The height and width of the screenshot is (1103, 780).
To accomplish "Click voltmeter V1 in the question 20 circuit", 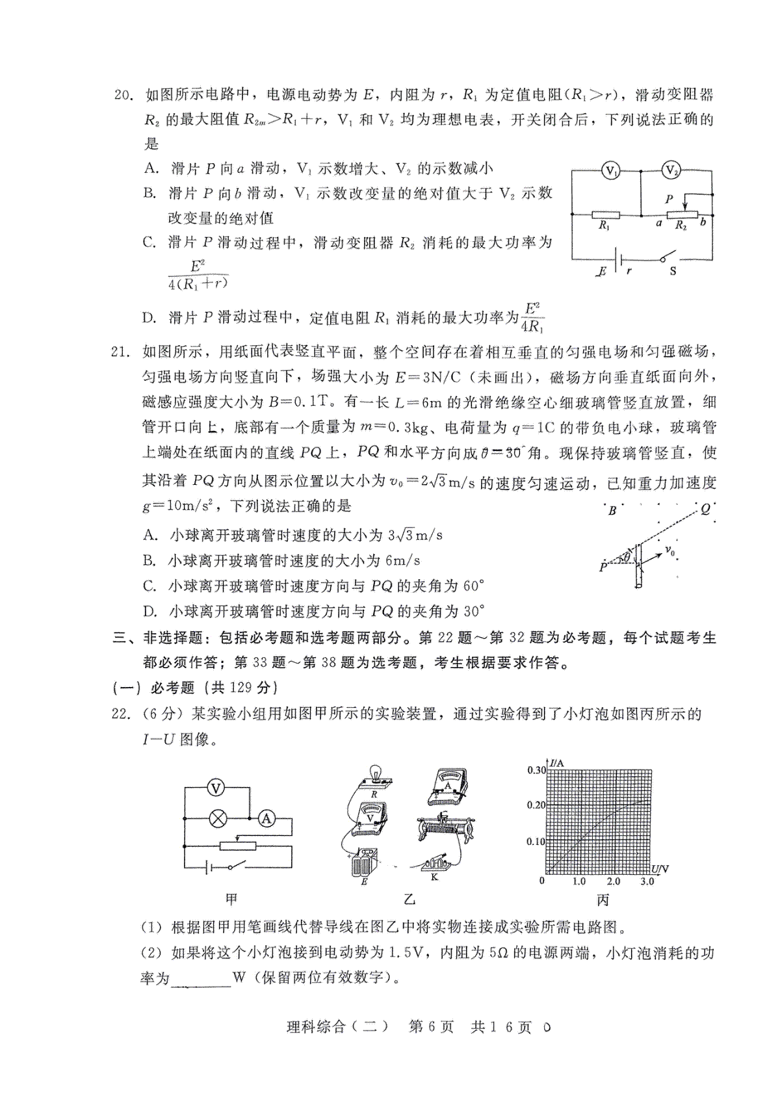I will [611, 172].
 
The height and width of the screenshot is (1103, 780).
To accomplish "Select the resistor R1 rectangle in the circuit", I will [604, 214].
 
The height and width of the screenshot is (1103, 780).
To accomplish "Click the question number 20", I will [123, 96].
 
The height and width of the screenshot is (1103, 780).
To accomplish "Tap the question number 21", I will [123, 352].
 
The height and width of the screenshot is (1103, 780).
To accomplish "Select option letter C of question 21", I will [150, 586].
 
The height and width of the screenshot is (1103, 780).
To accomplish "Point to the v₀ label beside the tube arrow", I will [669, 552].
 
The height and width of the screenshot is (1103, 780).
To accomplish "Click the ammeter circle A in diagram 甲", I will [266, 819].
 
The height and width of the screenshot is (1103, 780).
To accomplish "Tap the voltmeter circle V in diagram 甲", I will [216, 788].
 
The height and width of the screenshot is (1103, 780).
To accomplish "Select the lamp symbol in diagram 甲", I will [216, 819].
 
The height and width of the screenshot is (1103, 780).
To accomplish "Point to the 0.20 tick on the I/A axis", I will [537, 805].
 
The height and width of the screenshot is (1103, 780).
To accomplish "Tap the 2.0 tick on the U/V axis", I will [613, 881].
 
